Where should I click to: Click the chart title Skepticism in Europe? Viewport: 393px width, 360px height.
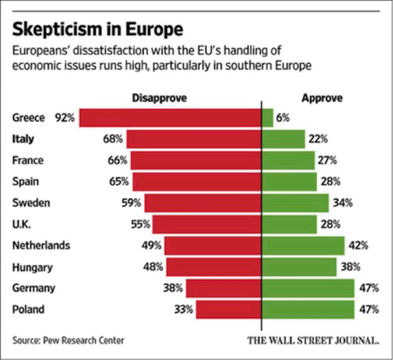tap(98, 30)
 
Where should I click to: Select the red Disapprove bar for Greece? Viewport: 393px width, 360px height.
tap(170, 118)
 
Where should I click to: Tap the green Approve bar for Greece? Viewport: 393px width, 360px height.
tap(267, 118)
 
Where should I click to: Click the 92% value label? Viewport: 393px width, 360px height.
tap(65, 118)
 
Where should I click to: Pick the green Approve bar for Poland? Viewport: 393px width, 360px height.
tap(307, 309)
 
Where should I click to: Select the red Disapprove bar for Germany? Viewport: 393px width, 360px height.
tap(223, 288)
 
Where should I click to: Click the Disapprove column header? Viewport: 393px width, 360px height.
tap(160, 98)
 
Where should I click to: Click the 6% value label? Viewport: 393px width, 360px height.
tap(283, 118)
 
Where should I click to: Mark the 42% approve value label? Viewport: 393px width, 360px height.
tap(358, 246)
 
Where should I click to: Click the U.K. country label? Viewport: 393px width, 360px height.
tap(22, 224)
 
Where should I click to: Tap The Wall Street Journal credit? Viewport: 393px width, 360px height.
tap(313, 340)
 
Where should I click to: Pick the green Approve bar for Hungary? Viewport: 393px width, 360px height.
tap(299, 267)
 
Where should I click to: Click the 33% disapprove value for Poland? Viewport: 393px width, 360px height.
tap(183, 309)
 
